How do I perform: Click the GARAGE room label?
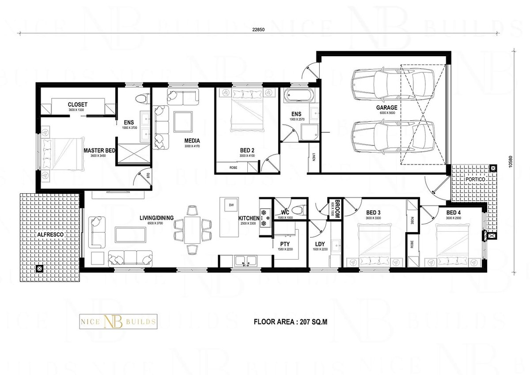[x=386, y=107]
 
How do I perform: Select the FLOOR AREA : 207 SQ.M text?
[x=290, y=322]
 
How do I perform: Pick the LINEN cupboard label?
[x=313, y=157]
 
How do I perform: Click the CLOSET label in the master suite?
[x=78, y=104]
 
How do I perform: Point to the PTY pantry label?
[x=284, y=244]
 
